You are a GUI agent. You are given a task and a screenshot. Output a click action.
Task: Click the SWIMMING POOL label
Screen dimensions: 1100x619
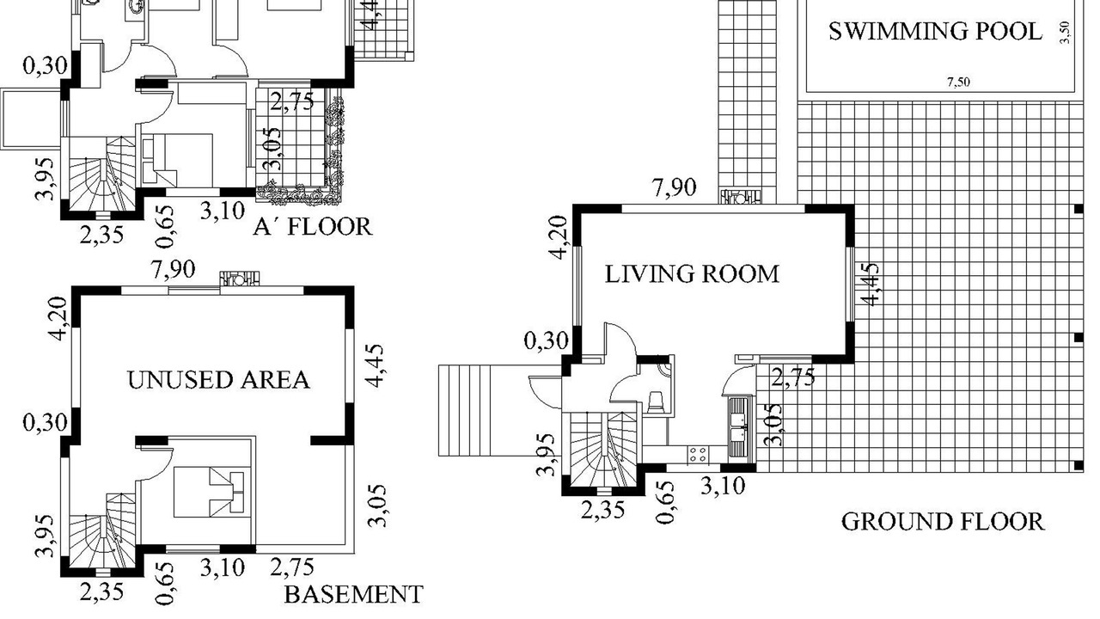tap(935, 32)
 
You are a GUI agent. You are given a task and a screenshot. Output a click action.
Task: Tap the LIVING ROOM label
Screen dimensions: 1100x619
tap(692, 273)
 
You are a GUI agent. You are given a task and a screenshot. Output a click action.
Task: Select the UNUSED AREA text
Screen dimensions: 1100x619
tap(218, 380)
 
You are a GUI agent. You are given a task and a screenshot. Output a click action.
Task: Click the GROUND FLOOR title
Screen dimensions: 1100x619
tap(943, 522)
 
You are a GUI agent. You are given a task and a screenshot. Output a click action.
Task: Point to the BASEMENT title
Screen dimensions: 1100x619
tap(353, 594)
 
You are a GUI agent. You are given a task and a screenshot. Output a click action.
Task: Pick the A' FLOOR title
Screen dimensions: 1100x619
tap(313, 226)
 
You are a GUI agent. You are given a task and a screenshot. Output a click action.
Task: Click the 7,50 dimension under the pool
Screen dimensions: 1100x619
tap(958, 82)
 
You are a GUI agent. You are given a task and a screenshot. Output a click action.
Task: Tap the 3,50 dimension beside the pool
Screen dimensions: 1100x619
tap(1065, 33)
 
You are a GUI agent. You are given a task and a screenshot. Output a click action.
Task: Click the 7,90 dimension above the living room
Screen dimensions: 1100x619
tap(675, 187)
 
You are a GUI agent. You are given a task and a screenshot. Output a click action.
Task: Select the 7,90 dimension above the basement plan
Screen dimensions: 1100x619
tap(174, 269)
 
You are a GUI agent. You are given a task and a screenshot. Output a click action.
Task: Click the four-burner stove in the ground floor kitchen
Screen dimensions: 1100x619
tap(698, 455)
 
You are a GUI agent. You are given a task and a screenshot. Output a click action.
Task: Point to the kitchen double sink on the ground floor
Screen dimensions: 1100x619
tap(738, 428)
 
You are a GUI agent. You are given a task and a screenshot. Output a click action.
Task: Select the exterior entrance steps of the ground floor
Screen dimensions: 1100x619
tap(465, 411)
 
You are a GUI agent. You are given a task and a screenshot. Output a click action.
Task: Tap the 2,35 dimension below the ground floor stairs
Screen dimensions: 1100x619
tap(603, 511)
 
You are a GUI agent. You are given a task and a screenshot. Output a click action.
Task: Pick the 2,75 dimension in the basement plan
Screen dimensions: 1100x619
tap(291, 567)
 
